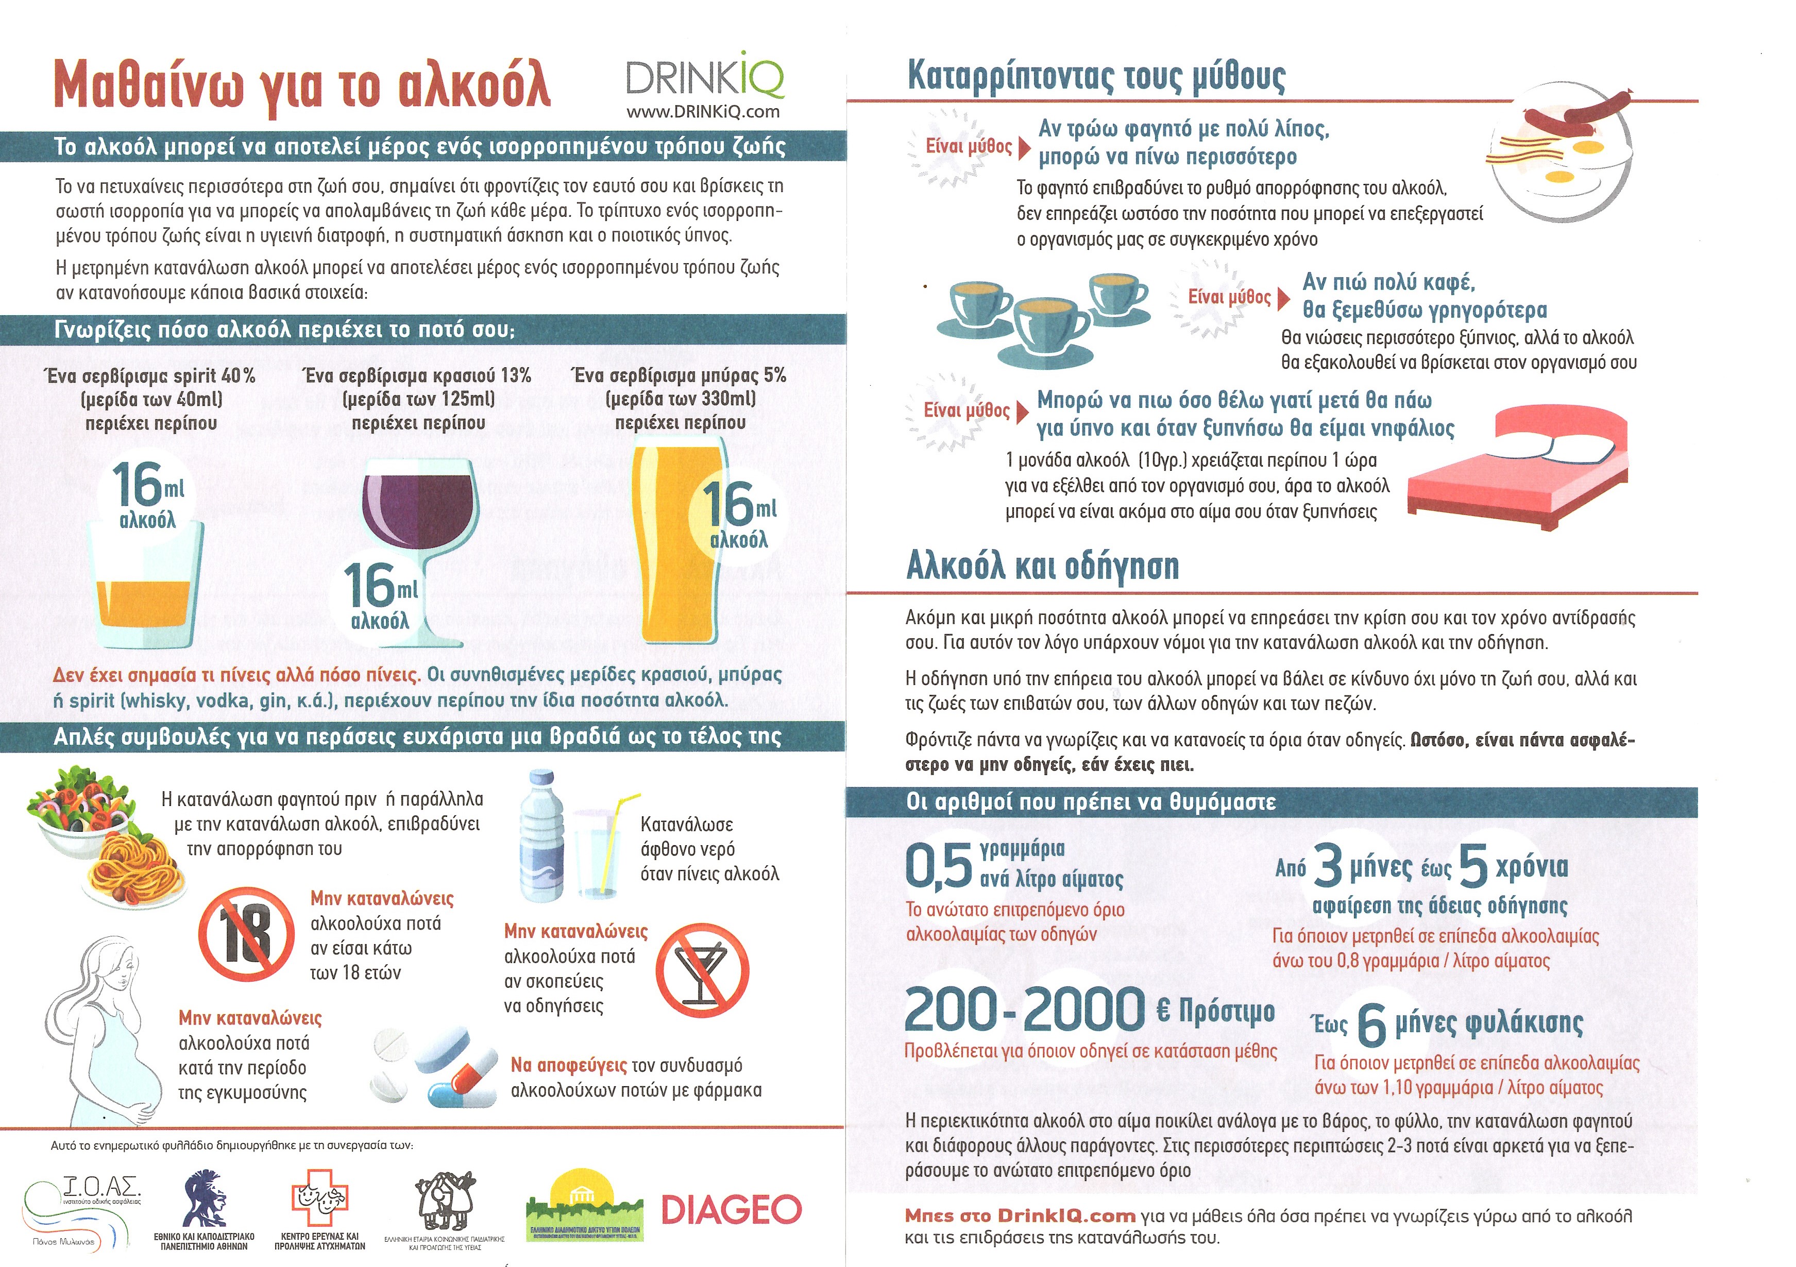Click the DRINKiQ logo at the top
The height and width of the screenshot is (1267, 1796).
pyautogui.click(x=704, y=78)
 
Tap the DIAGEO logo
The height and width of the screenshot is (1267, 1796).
pyautogui.click(x=732, y=1210)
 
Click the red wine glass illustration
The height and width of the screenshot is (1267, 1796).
pyautogui.click(x=418, y=516)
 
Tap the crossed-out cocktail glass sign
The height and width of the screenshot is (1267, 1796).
pyautogui.click(x=702, y=970)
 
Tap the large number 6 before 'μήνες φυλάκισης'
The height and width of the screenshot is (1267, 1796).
pyautogui.click(x=1371, y=1024)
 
